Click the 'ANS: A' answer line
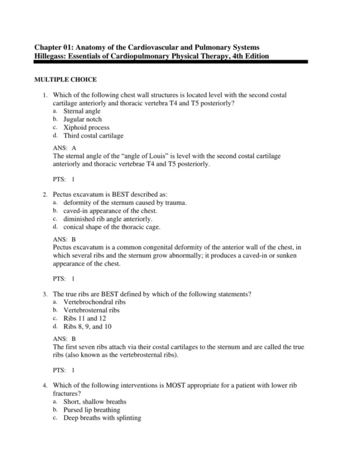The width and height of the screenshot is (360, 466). pyautogui.click(x=65, y=148)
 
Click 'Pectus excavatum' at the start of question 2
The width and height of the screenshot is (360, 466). pyautogui.click(x=79, y=195)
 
